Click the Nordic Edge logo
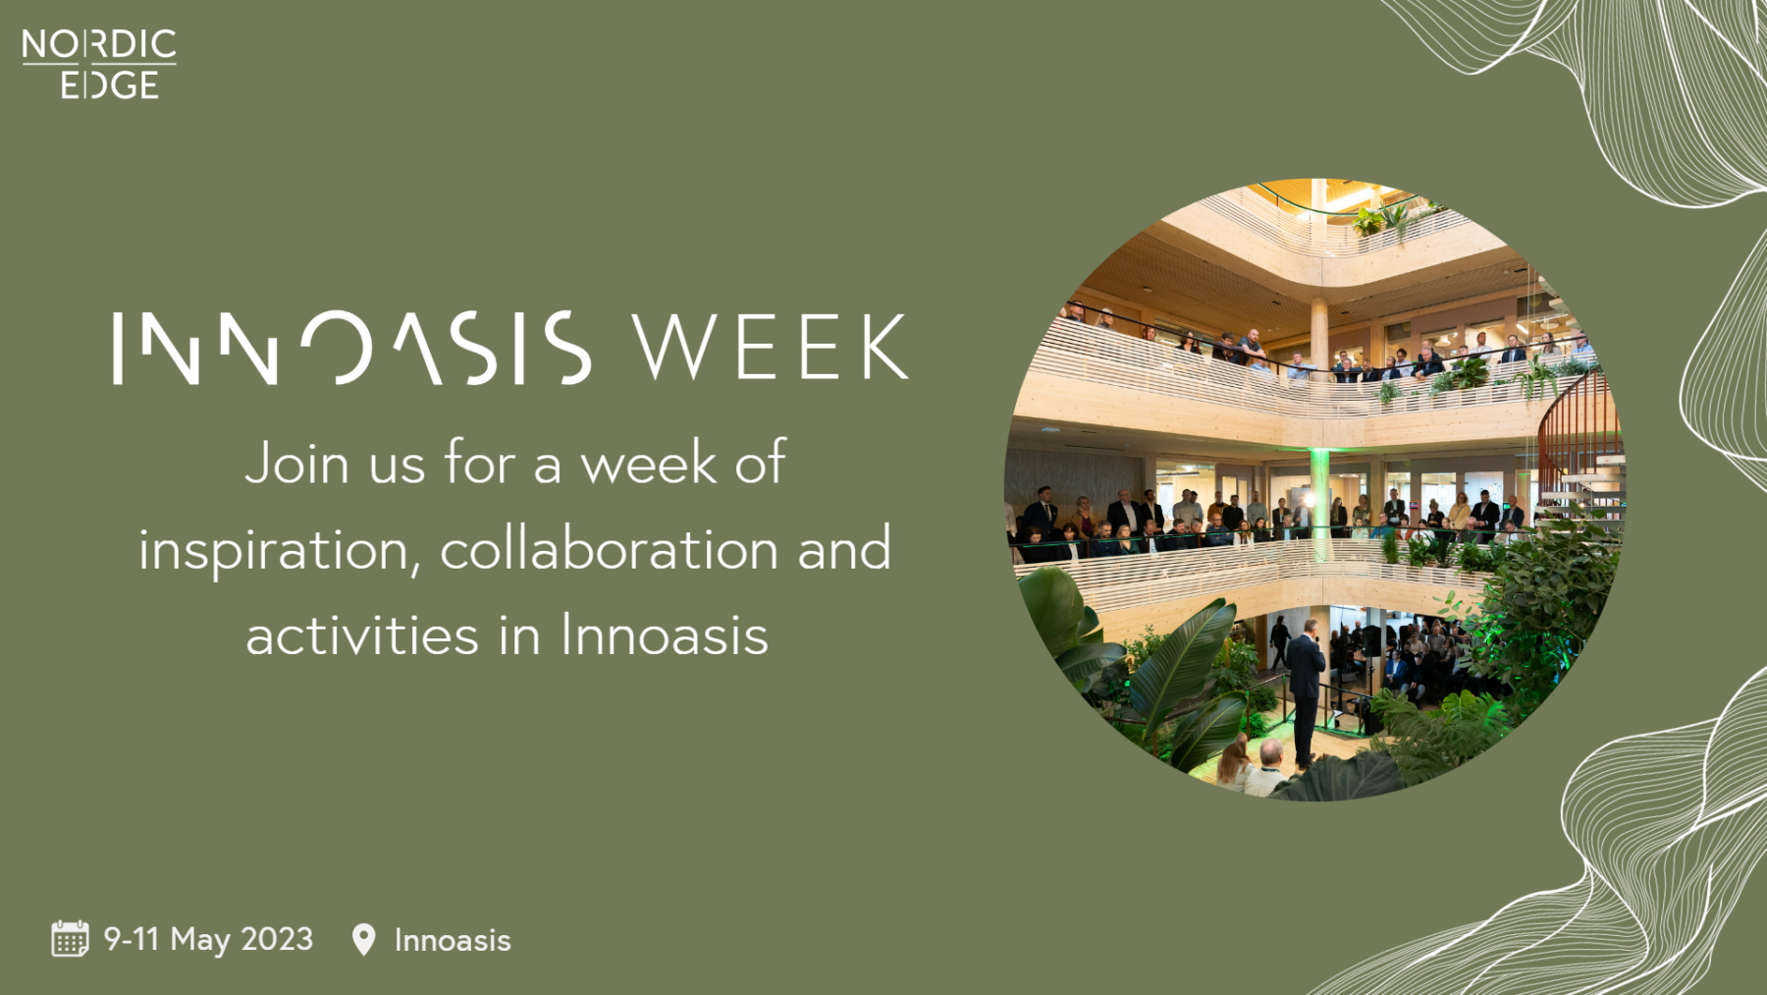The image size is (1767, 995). [x=99, y=64]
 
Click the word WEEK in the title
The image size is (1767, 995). [x=771, y=347]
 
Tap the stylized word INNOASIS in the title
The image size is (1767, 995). [x=352, y=347]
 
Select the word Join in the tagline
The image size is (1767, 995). [x=296, y=462]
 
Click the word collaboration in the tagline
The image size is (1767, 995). [x=610, y=548]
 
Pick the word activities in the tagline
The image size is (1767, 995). [x=362, y=635]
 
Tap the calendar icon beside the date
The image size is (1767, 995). [x=70, y=939]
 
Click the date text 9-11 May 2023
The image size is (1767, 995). [x=209, y=940]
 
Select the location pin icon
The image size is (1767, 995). [x=363, y=940]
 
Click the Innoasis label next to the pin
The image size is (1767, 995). [x=453, y=941]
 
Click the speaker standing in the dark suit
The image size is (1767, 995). [x=1306, y=692]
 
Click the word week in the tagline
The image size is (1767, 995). [x=649, y=464]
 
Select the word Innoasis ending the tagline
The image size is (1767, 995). [x=665, y=635]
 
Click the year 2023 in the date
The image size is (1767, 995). [x=277, y=939]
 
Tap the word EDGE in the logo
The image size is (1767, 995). [x=109, y=84]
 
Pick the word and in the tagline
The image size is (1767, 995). [x=844, y=548]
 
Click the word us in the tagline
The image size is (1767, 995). [x=397, y=466]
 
